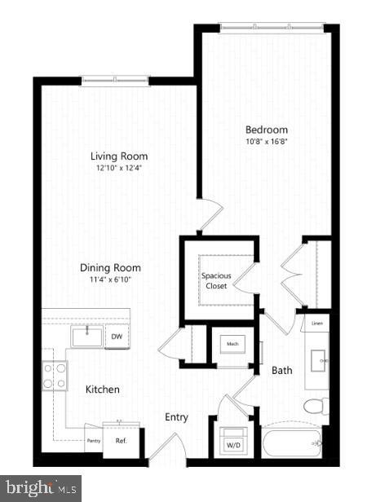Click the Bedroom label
(267, 130)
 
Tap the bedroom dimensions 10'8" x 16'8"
(267, 143)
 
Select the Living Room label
(118, 156)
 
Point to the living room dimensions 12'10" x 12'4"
(118, 169)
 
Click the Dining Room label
(110, 267)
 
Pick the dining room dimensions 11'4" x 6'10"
(110, 280)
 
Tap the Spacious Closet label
(216, 280)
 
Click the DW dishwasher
(117, 336)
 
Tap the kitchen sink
(86, 336)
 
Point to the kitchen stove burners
(55, 375)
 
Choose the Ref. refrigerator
(121, 441)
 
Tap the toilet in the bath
(314, 405)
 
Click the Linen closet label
(317, 324)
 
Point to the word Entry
(176, 417)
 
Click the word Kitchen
(103, 390)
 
